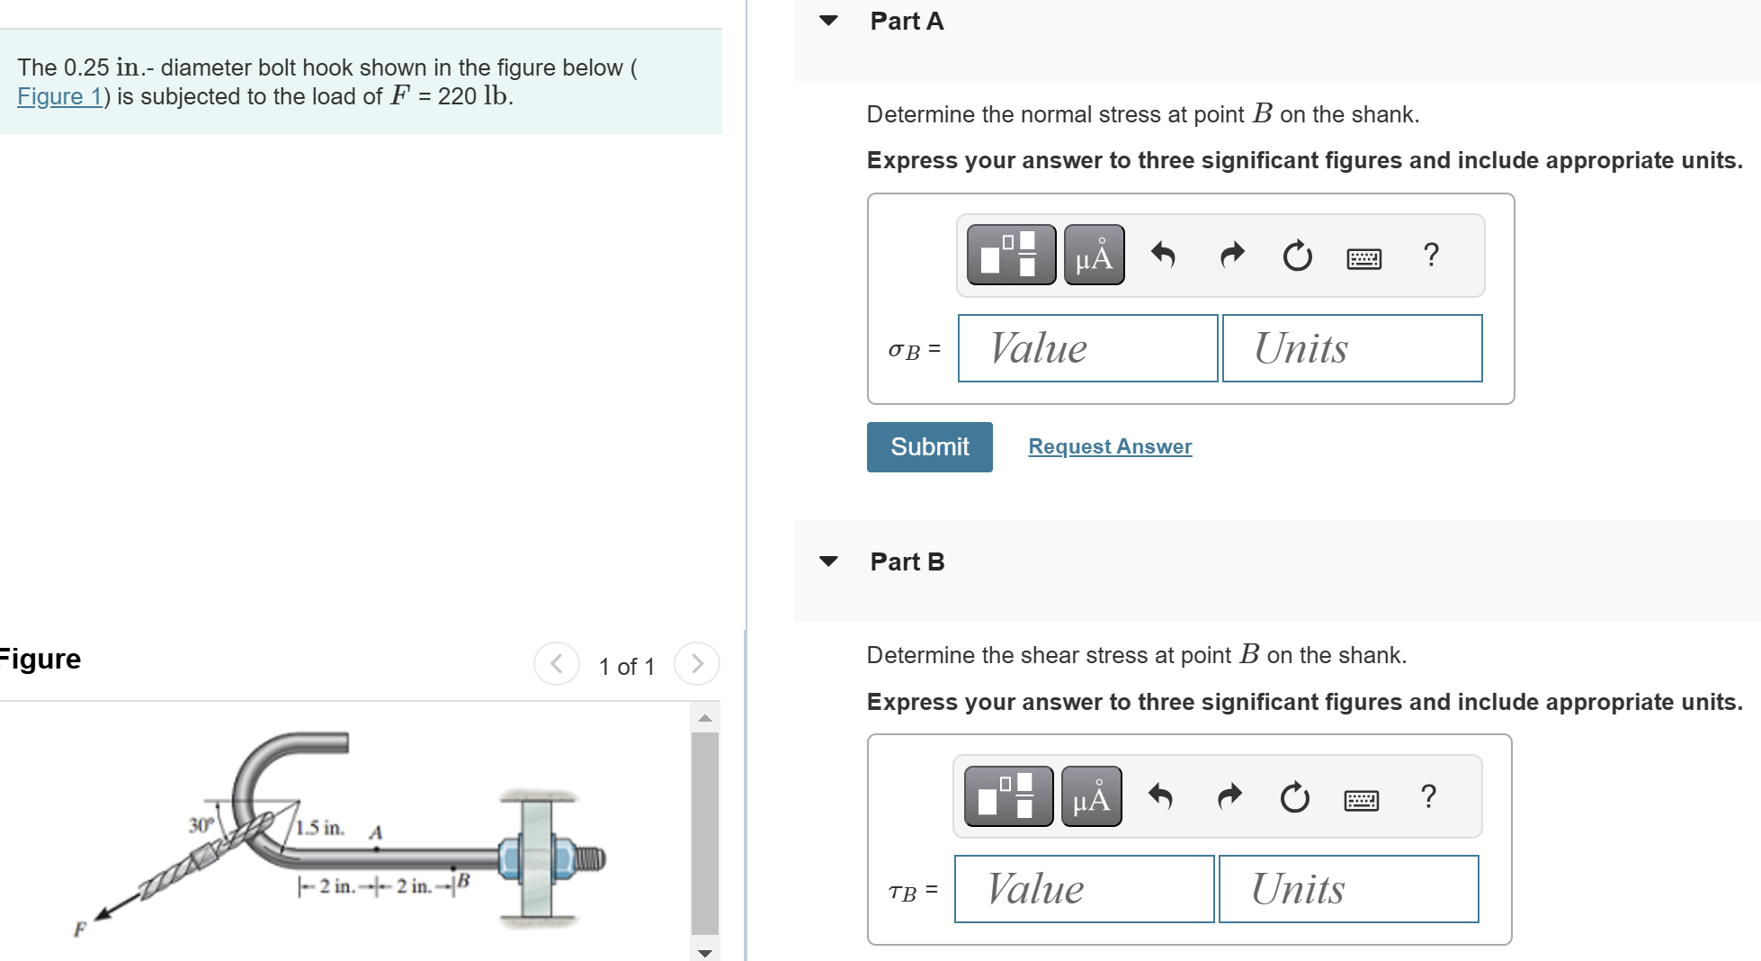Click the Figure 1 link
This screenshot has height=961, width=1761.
(59, 96)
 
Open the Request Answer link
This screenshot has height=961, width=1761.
(1110, 446)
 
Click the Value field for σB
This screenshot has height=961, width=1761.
(1087, 348)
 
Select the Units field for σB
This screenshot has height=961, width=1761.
(1352, 348)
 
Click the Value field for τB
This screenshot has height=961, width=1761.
(1084, 889)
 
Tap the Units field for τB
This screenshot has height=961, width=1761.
(1348, 889)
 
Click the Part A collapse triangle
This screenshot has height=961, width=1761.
(828, 21)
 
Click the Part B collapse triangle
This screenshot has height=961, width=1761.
(828, 561)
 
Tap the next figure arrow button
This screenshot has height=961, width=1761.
(697, 664)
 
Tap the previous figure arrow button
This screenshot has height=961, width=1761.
(557, 664)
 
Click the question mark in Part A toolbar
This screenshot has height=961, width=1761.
(1431, 255)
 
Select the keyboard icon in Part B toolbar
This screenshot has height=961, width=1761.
(1361, 800)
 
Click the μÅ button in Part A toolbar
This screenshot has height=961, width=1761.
(1094, 256)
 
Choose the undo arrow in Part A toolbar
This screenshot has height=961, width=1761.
(1163, 256)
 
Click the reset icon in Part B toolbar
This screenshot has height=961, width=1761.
(1294, 797)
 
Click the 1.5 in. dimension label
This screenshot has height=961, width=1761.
(320, 828)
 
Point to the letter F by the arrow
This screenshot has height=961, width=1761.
(80, 930)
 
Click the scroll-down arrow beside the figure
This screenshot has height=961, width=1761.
(705, 952)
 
